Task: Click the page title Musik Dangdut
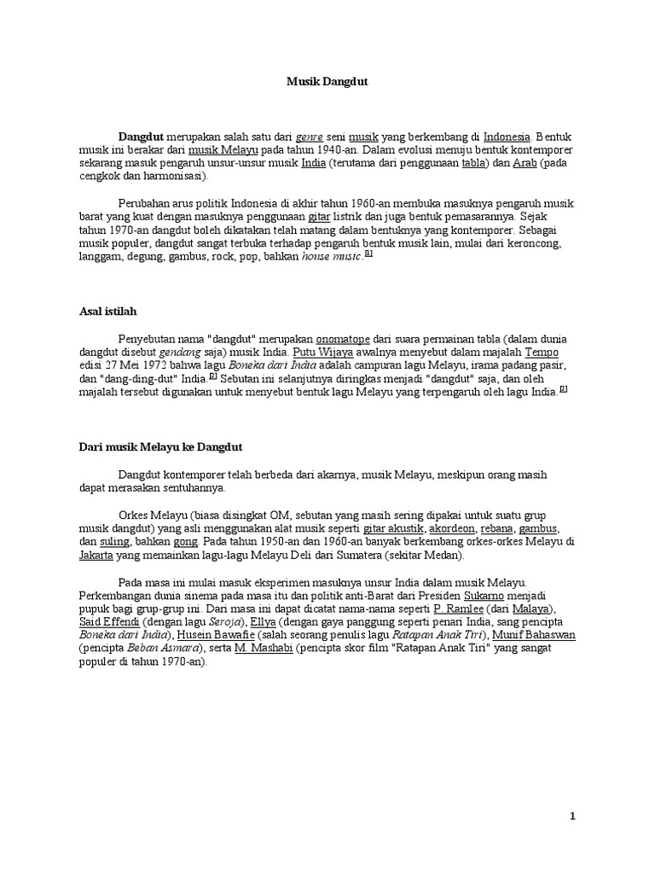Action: pyautogui.click(x=327, y=81)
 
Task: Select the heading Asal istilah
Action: pyautogui.click(x=107, y=312)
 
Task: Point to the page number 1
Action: pyautogui.click(x=573, y=817)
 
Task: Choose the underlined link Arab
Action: pyautogui.click(x=525, y=163)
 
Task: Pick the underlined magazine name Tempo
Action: pyautogui.click(x=541, y=352)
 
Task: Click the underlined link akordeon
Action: pyautogui.click(x=449, y=527)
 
